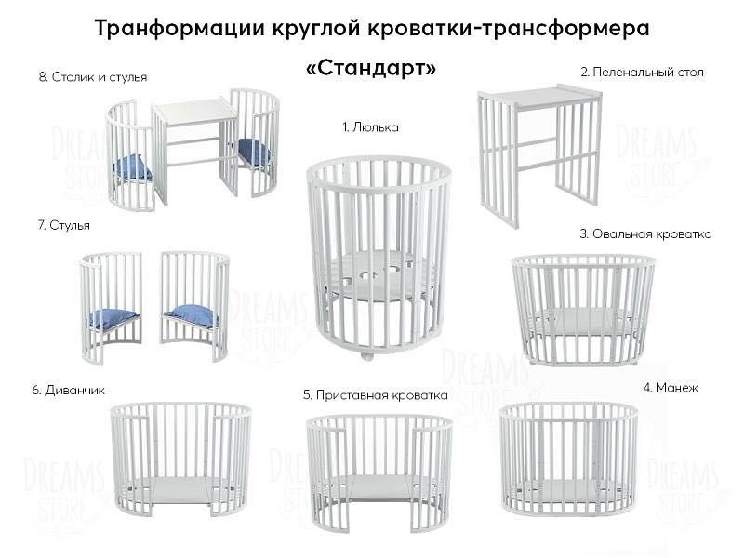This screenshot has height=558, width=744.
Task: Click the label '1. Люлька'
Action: click(369, 127)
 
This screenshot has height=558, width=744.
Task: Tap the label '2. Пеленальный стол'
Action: click(642, 72)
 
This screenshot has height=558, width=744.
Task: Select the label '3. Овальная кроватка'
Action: click(645, 234)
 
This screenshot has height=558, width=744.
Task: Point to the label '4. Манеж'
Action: click(670, 386)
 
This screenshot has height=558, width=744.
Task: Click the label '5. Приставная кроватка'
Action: click(375, 395)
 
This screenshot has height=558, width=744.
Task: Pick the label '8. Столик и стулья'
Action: click(93, 77)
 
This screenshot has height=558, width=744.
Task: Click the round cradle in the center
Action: click(371, 251)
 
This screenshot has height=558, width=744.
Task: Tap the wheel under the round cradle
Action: click(367, 354)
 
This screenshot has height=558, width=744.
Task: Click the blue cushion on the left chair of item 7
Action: click(113, 318)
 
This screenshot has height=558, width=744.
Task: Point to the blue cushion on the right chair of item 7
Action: click(192, 316)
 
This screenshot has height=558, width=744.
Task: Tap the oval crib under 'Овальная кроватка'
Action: click(583, 307)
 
